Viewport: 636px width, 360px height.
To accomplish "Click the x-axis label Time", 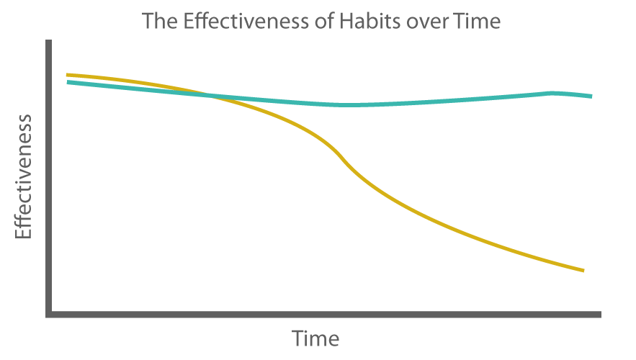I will click(315, 338).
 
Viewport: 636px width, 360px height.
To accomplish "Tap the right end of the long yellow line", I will click(582, 270).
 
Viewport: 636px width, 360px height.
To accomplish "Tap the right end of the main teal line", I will click(591, 96).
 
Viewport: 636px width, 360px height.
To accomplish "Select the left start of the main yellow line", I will click(68, 74).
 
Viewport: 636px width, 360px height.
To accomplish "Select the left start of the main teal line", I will click(68, 82).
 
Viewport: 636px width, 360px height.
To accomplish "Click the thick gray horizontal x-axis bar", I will click(324, 315).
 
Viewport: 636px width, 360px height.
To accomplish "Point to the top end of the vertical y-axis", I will click(50, 42).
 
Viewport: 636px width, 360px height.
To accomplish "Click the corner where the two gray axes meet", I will click(50, 315).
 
